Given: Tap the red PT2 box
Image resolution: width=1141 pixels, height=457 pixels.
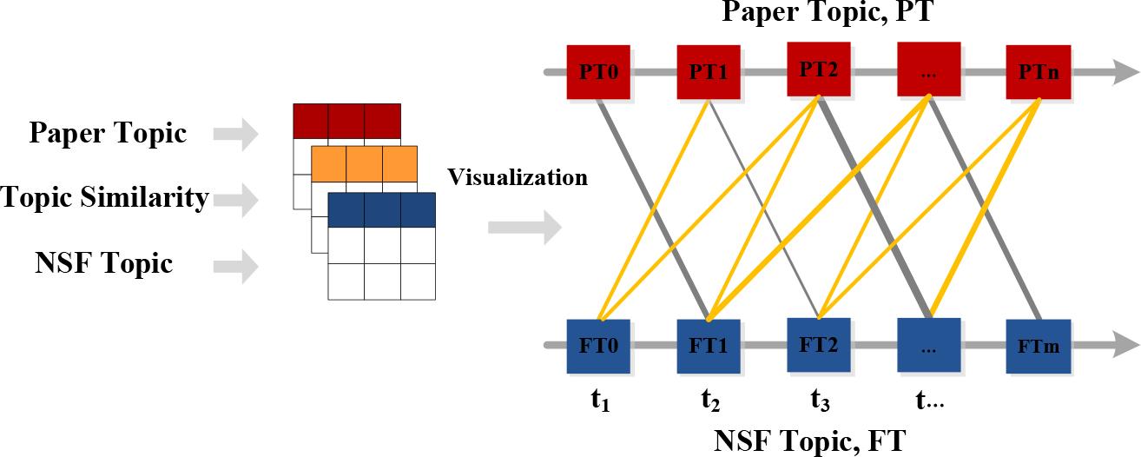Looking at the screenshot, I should click(819, 69).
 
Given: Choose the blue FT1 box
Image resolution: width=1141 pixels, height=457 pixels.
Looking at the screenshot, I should click(708, 347).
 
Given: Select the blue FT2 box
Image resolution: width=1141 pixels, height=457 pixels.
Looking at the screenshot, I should click(819, 345).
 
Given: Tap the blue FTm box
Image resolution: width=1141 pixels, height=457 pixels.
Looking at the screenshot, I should click(1039, 347).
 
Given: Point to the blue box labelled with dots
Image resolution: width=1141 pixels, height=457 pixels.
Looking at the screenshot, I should click(929, 347).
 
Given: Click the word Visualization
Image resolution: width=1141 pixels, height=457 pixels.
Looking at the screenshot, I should click(518, 178).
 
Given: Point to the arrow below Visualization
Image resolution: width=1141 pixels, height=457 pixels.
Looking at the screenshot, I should click(524, 228).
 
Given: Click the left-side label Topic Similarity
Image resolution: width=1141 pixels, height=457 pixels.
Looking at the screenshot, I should click(105, 199).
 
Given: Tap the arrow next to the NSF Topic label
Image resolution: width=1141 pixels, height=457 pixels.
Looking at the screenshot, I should click(236, 265).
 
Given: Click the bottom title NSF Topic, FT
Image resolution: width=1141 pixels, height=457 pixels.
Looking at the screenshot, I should click(809, 441).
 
